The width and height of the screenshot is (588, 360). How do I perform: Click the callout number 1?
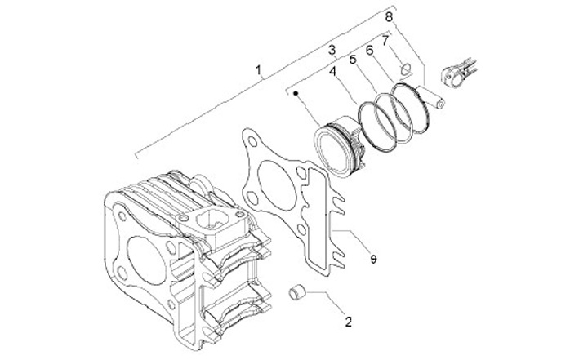point(259,71)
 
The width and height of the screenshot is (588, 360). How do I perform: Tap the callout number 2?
point(349,321)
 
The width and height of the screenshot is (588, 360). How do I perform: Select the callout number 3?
point(332,51)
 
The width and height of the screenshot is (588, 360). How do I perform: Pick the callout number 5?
point(353,60)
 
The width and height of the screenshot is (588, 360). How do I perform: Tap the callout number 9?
point(372,259)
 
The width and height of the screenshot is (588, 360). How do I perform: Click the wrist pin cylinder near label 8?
point(432,95)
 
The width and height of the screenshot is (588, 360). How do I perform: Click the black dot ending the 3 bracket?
point(297,95)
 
